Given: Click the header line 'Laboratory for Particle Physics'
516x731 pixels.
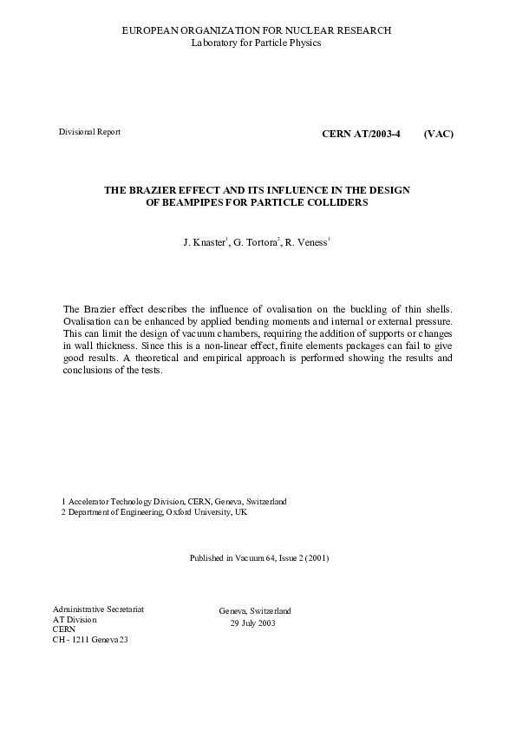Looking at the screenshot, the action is click(256, 43).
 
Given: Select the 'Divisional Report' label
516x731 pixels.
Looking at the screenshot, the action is click(89, 132).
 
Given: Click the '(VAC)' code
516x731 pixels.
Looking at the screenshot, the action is click(439, 134).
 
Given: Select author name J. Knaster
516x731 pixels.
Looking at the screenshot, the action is click(205, 243).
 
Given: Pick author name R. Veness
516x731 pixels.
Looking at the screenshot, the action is click(306, 243).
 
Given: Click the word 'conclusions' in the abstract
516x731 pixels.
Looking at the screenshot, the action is click(88, 370).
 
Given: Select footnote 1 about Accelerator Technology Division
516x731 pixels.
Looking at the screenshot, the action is click(173, 502).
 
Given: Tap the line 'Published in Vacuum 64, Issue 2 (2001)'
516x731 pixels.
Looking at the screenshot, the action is click(258, 557).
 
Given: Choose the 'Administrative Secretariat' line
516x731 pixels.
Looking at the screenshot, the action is click(98, 609).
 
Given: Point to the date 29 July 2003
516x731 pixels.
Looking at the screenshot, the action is click(252, 623).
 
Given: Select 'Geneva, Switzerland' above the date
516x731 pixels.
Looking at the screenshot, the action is click(255, 611).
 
